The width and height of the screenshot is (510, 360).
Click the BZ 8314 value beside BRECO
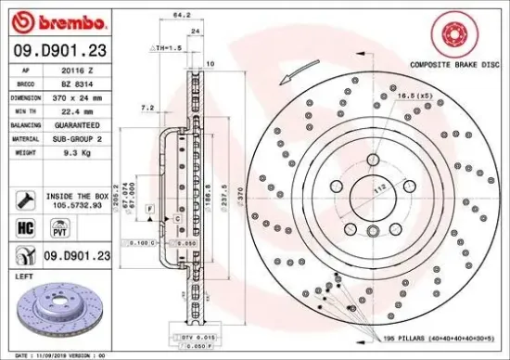(x=86, y=83)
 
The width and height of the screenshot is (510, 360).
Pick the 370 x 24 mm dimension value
(x=86, y=96)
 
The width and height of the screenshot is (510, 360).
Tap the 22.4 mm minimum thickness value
(x=86, y=109)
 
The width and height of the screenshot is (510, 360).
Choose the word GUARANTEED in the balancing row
(x=86, y=123)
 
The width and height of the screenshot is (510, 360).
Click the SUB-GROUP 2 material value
(x=86, y=137)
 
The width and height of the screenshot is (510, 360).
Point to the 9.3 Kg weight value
(x=86, y=151)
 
